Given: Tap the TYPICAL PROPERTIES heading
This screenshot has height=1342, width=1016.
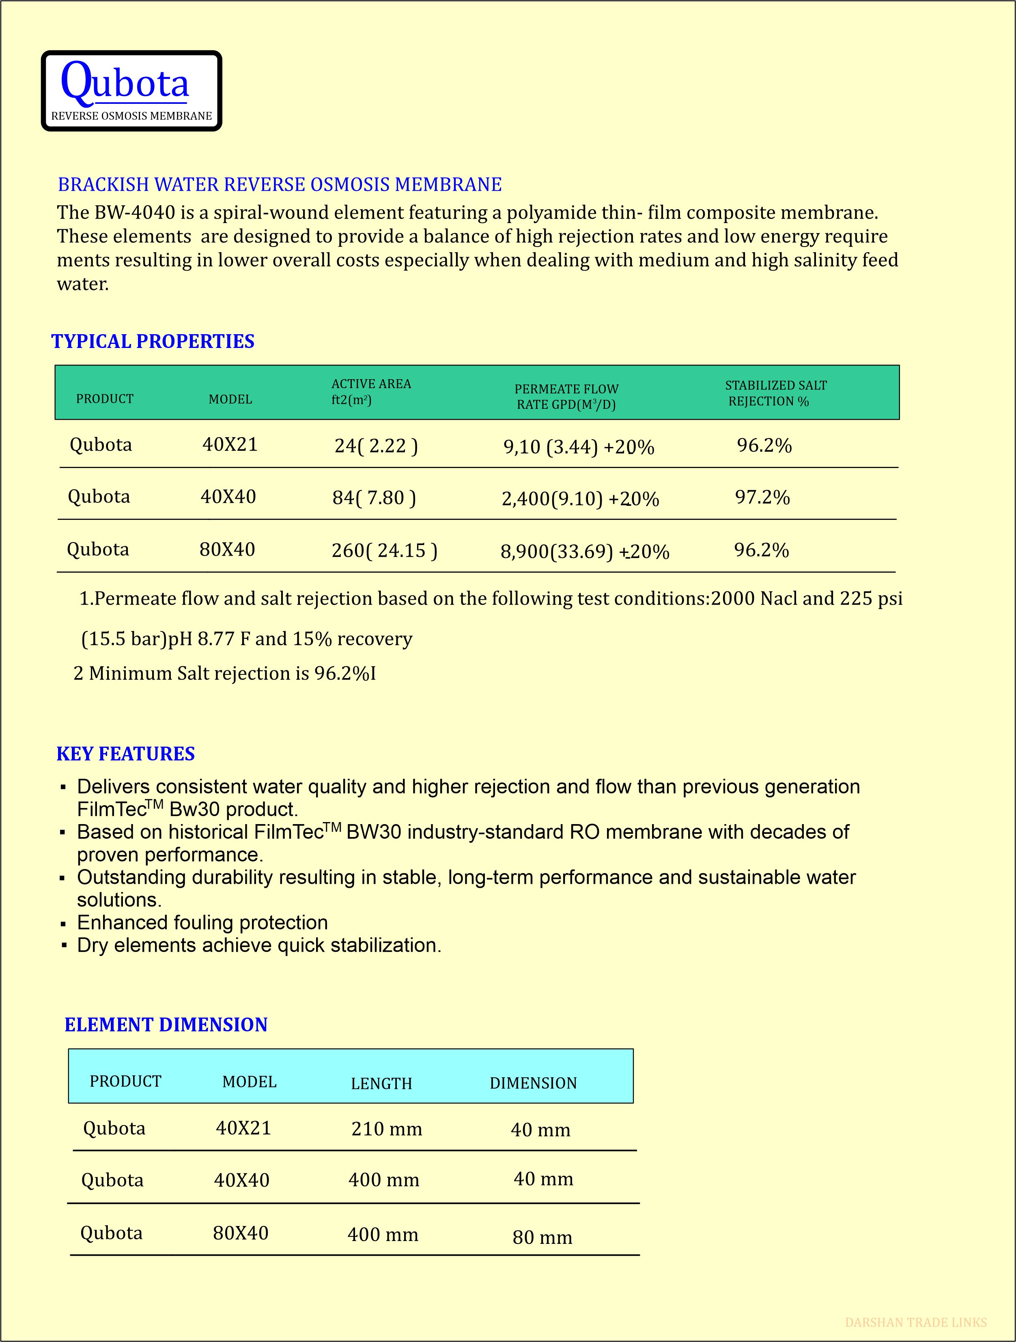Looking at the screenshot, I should [x=153, y=341].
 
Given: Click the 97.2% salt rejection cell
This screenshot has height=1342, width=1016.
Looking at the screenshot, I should [x=762, y=498].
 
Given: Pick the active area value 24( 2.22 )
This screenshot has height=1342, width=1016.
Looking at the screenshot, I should [x=376, y=446].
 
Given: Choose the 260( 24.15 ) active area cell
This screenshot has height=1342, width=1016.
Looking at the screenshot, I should [x=384, y=550].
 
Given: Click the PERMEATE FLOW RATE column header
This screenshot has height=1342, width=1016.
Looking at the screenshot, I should [x=566, y=397].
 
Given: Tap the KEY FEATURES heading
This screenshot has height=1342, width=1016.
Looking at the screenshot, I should [x=126, y=754].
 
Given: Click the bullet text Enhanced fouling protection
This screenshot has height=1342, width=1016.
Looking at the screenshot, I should [x=202, y=923].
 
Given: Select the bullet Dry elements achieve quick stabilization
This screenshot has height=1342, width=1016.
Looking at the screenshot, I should [x=259, y=945].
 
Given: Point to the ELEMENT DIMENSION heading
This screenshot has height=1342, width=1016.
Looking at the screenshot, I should [x=166, y=1025].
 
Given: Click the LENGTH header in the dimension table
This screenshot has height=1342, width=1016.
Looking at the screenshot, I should [x=381, y=1084].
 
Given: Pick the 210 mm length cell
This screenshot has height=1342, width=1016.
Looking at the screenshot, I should [x=387, y=1129].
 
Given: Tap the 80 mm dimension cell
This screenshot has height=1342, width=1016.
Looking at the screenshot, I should [x=542, y=1238].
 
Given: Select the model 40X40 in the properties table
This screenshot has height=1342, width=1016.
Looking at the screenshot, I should [x=228, y=497].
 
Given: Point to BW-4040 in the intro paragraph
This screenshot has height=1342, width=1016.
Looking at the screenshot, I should [x=135, y=213].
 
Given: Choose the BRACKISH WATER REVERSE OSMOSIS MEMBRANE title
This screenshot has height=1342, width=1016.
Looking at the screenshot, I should [x=280, y=185].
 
